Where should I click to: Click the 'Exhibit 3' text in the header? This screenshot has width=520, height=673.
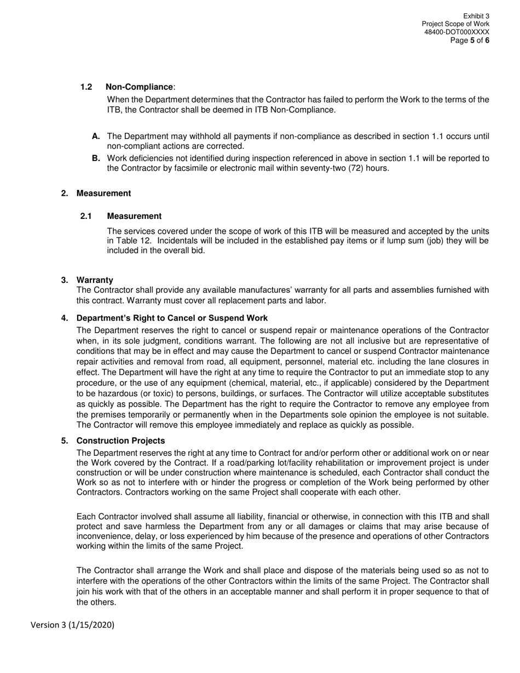[x=476, y=16]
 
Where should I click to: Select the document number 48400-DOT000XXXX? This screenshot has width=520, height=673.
[x=457, y=32]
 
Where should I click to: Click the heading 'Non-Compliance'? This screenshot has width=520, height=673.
[x=139, y=87]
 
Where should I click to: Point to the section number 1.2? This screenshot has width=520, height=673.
[x=86, y=87]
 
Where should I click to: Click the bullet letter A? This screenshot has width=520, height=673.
[x=96, y=136]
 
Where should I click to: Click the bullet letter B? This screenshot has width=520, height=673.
[x=96, y=159]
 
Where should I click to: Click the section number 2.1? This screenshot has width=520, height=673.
[x=86, y=216]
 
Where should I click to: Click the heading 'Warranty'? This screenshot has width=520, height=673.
[x=95, y=280]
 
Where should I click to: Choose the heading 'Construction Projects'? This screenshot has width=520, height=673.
[x=120, y=441]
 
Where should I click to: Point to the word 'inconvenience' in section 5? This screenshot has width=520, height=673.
[x=102, y=536]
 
